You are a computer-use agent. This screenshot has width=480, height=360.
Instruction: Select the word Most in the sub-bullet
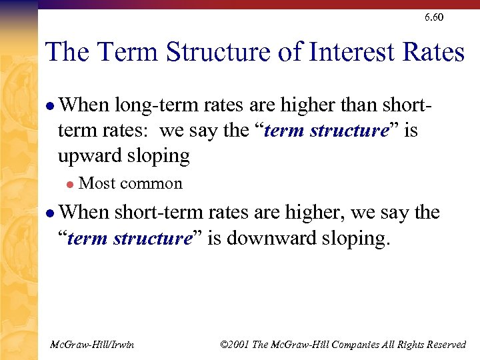pos(95,183)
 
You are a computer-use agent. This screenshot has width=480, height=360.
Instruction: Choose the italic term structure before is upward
pos(327,131)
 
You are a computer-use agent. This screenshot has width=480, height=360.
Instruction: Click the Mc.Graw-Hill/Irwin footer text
pos(92,344)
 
